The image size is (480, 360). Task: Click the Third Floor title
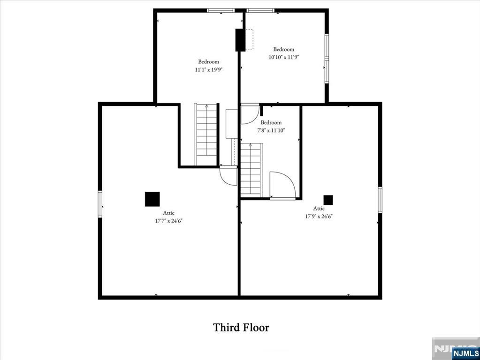(241, 327)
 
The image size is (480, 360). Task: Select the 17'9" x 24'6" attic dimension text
(319, 216)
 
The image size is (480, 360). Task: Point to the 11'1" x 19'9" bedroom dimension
(208, 69)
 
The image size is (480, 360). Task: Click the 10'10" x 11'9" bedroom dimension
(283, 57)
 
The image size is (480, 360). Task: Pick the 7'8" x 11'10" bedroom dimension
(271, 130)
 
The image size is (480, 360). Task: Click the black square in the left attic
(152, 199)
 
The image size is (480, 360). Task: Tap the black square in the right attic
(328, 200)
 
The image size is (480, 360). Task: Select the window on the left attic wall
(100, 203)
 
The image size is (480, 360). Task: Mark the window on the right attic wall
(380, 200)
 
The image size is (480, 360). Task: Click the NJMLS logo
(465, 353)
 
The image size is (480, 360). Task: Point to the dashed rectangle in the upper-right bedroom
(249, 39)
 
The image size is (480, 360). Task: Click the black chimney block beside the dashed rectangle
(240, 40)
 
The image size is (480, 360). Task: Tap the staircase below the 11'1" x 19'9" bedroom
(206, 134)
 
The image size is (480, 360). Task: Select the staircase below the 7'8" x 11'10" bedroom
(251, 170)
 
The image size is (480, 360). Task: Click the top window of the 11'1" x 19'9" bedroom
(221, 10)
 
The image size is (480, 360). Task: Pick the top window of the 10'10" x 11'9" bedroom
(261, 10)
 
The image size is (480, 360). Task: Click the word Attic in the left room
(169, 213)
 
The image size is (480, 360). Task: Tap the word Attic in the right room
(319, 209)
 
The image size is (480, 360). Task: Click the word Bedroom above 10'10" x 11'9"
(283, 49)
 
